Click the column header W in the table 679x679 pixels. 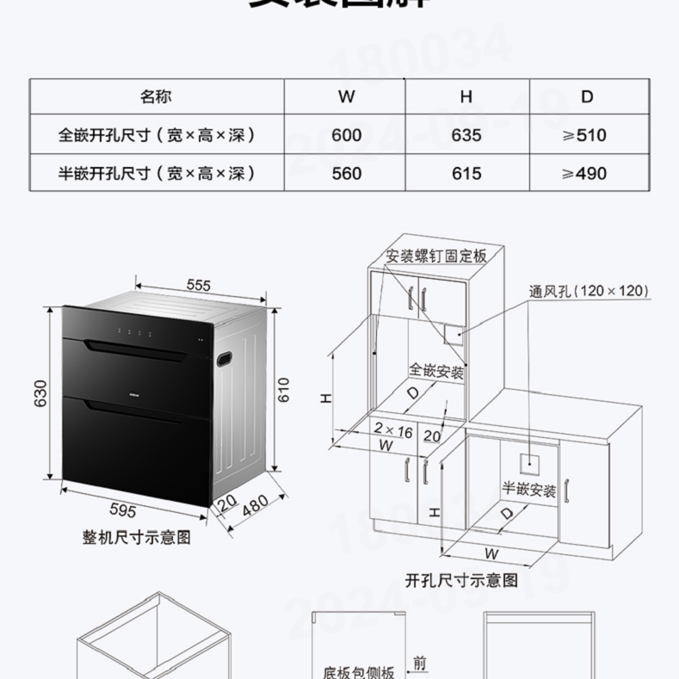point(346,96)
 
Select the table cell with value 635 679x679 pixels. point(466,135)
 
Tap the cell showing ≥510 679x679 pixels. point(584,135)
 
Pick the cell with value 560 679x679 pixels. point(346,173)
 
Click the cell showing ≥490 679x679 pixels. point(584,173)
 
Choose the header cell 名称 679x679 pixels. point(157,96)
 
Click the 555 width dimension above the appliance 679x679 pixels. point(198,285)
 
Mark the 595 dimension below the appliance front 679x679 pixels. point(123,511)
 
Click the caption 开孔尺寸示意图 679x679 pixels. point(462,580)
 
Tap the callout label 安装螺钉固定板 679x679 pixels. point(436,256)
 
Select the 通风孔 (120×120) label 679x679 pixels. point(589,291)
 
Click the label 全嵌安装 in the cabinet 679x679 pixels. point(436,371)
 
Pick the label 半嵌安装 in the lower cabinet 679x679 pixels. point(529,491)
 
